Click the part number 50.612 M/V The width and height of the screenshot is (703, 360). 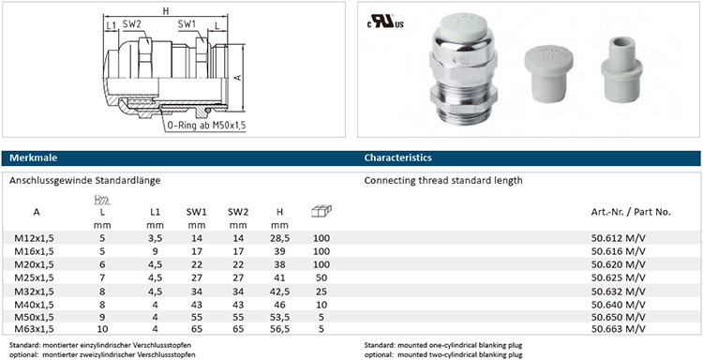(619, 238)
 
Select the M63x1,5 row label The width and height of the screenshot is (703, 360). (34, 329)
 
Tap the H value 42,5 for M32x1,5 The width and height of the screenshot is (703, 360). (279, 292)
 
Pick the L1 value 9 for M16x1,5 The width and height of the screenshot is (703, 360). (155, 251)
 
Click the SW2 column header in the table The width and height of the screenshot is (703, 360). (238, 212)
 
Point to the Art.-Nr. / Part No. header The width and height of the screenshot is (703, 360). (631, 213)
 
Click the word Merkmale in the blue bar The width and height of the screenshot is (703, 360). (33, 157)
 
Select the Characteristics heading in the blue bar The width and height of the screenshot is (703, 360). (397, 157)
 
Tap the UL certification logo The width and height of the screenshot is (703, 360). (385, 22)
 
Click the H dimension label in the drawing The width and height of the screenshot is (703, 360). (166, 11)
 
